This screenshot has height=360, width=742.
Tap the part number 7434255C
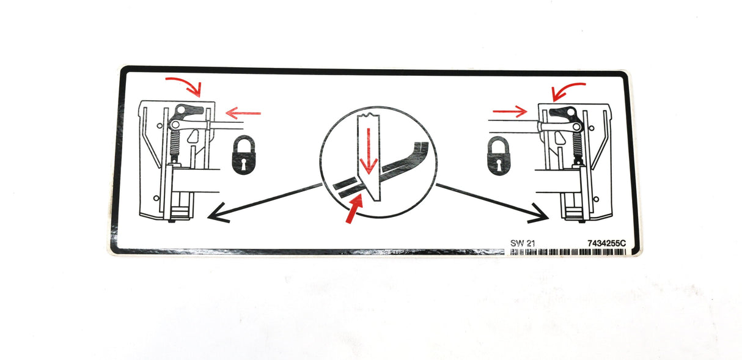click(x=607, y=243)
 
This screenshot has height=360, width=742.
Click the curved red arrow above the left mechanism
click(x=185, y=86)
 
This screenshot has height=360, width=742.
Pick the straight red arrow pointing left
click(x=243, y=112)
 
